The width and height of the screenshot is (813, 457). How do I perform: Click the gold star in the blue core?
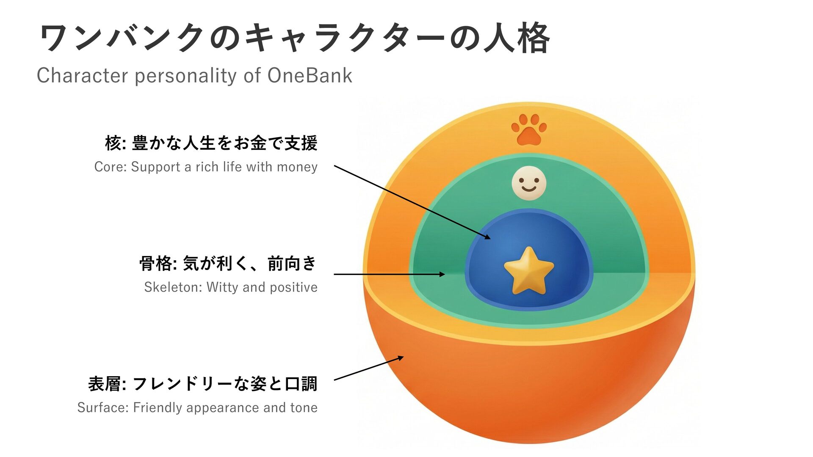(528, 271)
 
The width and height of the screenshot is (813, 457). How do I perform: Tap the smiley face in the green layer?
(528, 183)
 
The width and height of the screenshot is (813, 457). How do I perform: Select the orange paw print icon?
(529, 129)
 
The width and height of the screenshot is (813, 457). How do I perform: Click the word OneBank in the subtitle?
(310, 76)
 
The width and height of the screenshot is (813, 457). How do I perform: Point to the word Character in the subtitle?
(82, 76)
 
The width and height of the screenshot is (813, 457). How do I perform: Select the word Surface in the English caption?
(102, 407)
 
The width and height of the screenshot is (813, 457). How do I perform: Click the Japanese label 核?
(113, 143)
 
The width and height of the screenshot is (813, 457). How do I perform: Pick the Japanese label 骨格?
(156, 264)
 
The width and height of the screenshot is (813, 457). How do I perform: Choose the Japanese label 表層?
(105, 384)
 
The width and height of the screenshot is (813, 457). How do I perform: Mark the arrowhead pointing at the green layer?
(442, 274)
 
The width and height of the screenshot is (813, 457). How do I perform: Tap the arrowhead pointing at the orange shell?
(400, 358)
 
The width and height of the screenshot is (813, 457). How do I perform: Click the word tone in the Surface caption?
(304, 407)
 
